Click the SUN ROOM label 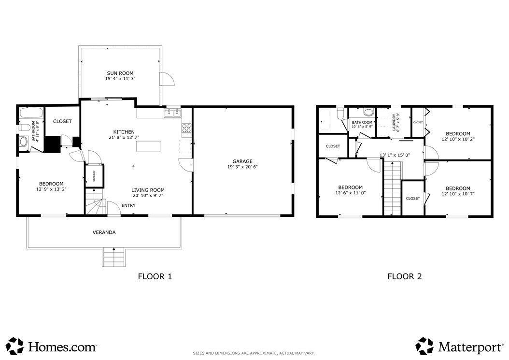[120, 73]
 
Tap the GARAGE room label [242, 161]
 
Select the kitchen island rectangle [149, 146]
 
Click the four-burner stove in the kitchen [186, 128]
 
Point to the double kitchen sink [173, 113]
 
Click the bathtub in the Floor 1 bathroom [31, 113]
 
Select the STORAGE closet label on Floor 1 [95, 176]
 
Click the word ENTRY [128, 205]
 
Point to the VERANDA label [104, 232]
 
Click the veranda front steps [114, 258]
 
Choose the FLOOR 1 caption [155, 276]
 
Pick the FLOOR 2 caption [405, 276]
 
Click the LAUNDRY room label [394, 122]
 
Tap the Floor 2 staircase [393, 188]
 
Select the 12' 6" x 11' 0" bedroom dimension [351, 193]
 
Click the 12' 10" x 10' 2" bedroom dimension [458, 139]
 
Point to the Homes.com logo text [62, 346]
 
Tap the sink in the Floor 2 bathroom [368, 113]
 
